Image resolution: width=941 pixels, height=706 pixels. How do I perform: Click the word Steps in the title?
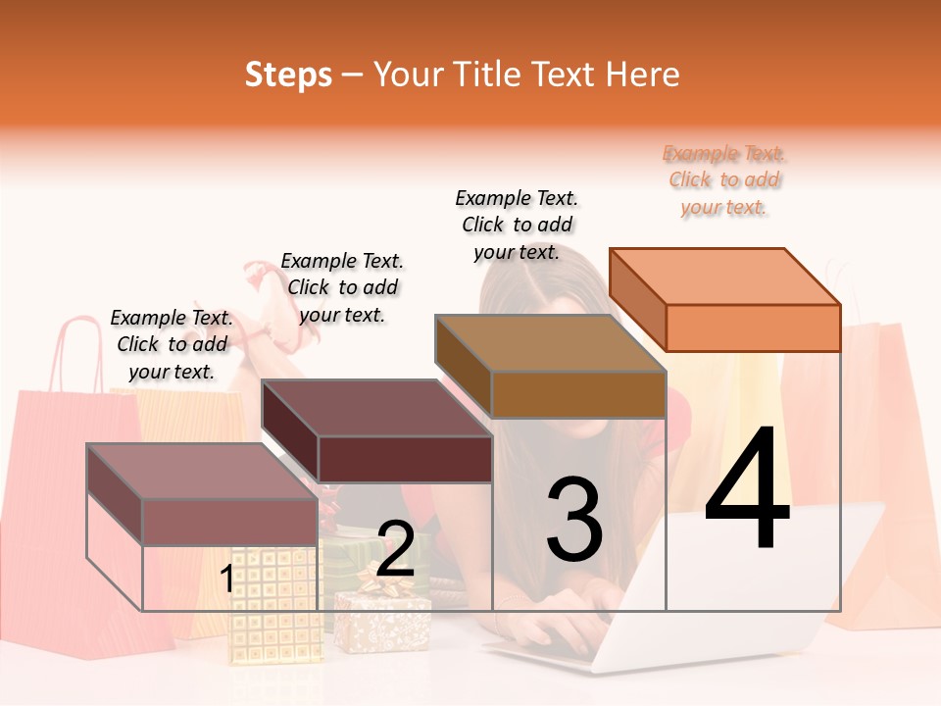(288, 75)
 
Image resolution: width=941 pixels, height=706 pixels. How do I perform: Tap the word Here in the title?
(643, 75)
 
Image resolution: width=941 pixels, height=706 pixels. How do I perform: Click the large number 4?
(747, 490)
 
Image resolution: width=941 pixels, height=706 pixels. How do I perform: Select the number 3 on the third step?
(574, 520)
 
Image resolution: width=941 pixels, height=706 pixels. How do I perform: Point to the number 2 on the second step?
(395, 549)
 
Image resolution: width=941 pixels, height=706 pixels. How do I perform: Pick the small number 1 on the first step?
(226, 579)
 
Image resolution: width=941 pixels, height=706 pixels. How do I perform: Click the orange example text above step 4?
(724, 180)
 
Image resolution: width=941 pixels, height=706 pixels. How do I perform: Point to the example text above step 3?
(517, 225)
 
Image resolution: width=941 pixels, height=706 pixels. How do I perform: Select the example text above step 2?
(342, 287)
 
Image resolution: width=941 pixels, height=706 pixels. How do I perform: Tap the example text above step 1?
(171, 344)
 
